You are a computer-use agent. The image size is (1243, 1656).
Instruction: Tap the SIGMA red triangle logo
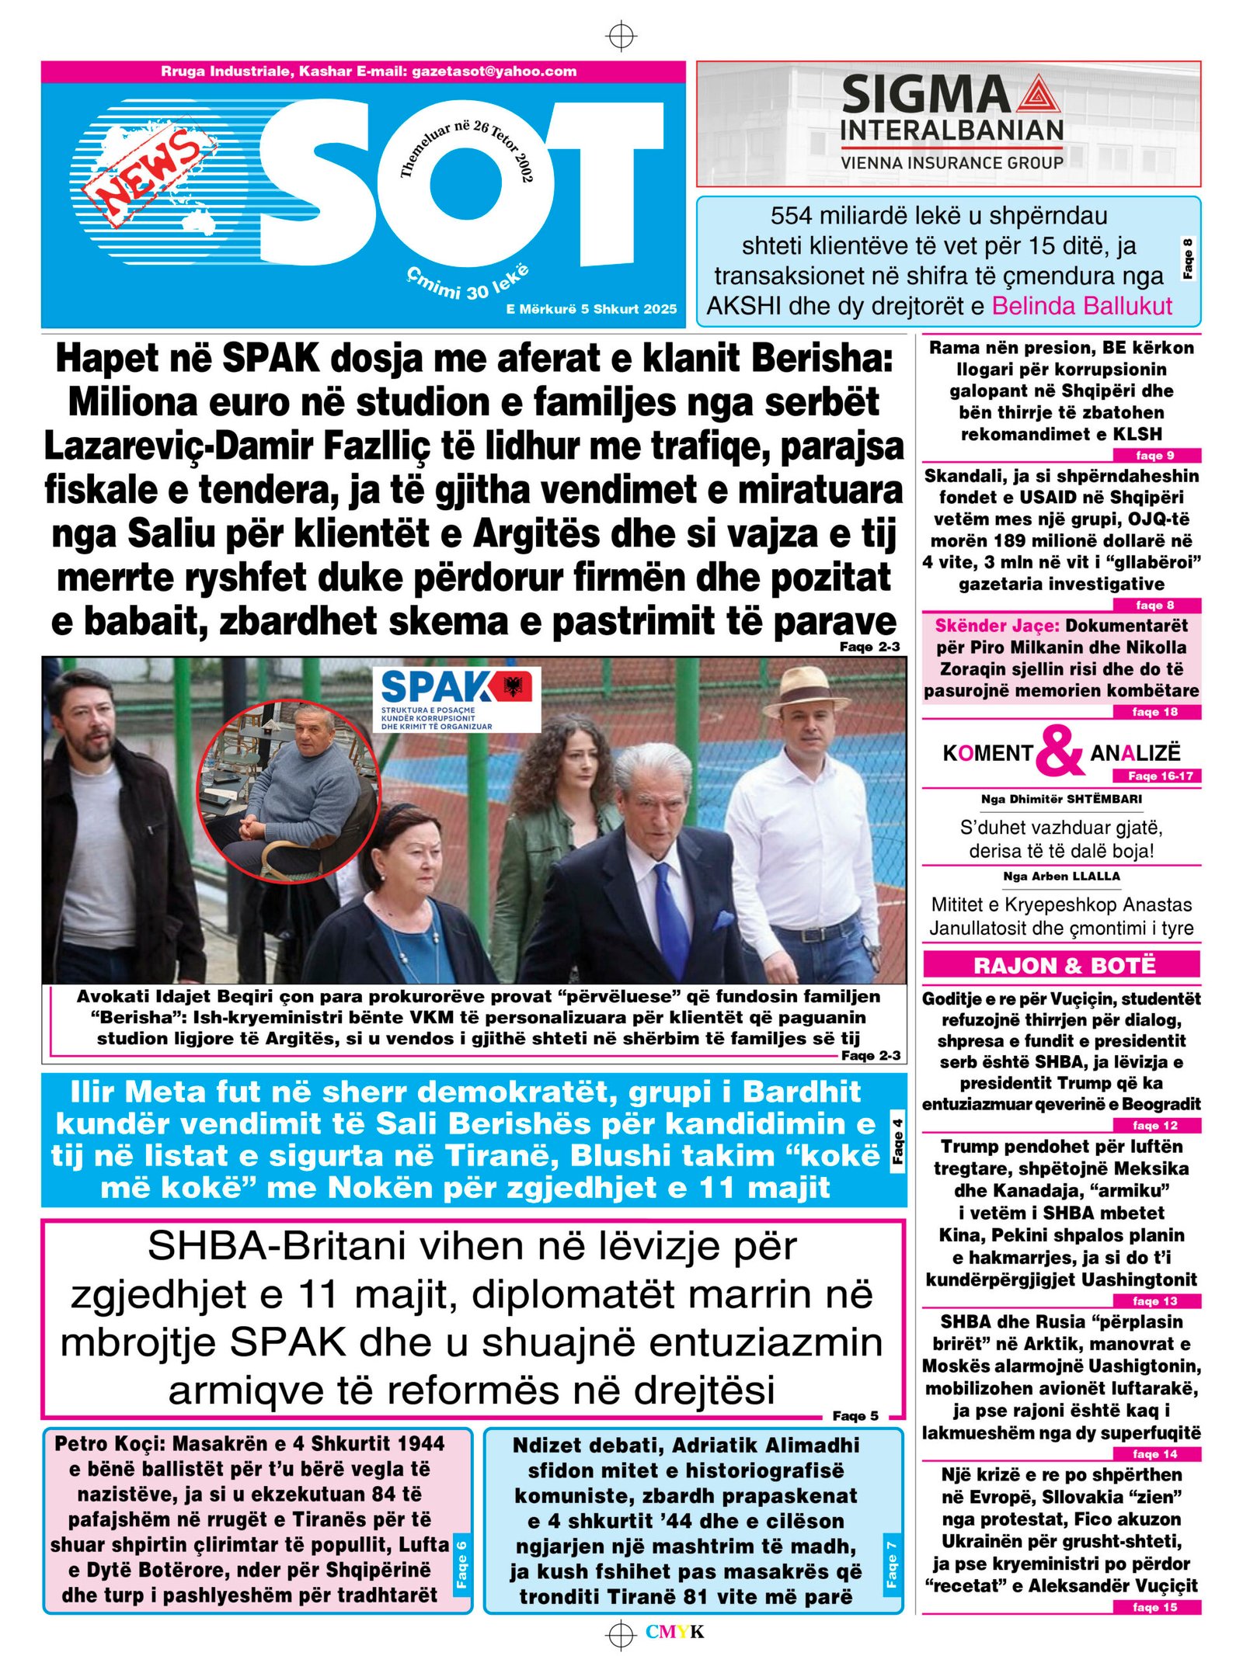[1035, 96]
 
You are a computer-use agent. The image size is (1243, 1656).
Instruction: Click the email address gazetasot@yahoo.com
[494, 71]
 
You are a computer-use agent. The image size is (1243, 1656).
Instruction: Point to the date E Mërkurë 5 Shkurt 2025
[591, 309]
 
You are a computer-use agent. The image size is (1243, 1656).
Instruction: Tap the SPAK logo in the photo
[456, 698]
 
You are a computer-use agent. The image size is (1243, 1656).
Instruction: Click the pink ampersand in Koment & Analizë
[1060, 751]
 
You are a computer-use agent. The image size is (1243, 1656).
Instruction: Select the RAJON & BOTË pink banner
[1061, 965]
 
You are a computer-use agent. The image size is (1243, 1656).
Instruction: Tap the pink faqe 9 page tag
[1156, 456]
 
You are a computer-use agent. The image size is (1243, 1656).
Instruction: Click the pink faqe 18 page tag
[1156, 712]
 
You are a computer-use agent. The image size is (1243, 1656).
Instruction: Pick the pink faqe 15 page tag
[1156, 1607]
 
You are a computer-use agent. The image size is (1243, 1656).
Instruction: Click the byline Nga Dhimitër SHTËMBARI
[1061, 799]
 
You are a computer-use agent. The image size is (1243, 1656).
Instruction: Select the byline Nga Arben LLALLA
[1061, 876]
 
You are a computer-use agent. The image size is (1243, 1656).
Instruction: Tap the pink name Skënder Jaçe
[997, 626]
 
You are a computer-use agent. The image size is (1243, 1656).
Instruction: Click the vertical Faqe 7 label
[891, 1560]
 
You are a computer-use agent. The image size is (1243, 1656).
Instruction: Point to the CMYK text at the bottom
[674, 1632]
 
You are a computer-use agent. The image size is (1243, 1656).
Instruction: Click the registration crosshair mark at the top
[621, 36]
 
